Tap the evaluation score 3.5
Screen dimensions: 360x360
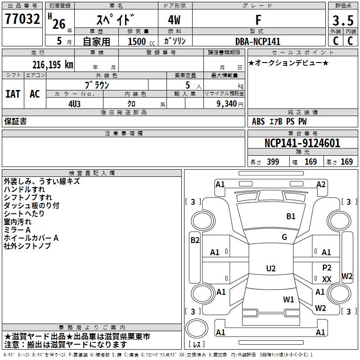[x=342, y=20]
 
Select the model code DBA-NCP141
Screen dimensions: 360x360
[x=258, y=41]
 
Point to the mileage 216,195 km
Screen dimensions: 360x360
[x=53, y=64]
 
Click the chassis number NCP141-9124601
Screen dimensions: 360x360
[x=302, y=143]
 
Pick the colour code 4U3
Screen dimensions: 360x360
[x=75, y=103]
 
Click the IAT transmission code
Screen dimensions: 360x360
[x=13, y=94]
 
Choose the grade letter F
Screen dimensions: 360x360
[x=258, y=20]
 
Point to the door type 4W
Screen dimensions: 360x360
[x=175, y=20]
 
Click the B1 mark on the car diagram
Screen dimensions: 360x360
[x=291, y=216]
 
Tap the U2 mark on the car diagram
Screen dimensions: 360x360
[x=270, y=269]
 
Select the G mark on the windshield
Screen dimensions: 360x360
[x=284, y=237]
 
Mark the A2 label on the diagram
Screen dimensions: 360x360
[x=321, y=184]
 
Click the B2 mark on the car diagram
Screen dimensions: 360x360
[x=195, y=240]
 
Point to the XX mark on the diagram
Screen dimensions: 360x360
[x=327, y=279]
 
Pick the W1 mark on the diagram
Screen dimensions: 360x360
[x=288, y=299]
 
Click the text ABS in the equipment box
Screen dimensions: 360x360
[x=258, y=121]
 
